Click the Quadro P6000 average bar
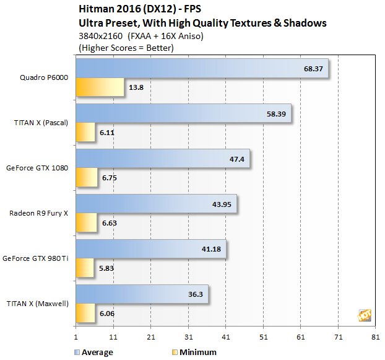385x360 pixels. coord(201,68)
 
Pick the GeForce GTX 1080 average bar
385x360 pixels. coord(162,158)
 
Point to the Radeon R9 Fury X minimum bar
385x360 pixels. coord(86,222)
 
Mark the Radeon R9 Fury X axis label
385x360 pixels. coord(38,213)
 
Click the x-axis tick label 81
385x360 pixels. coord(375,338)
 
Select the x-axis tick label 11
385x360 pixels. coord(113,338)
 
